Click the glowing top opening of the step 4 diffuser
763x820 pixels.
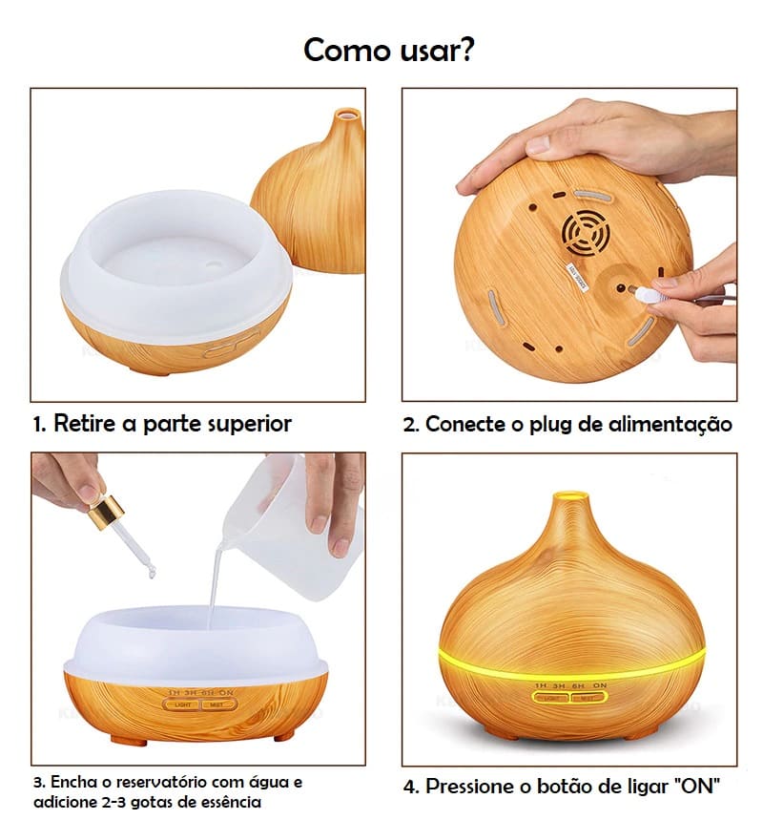570,496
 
